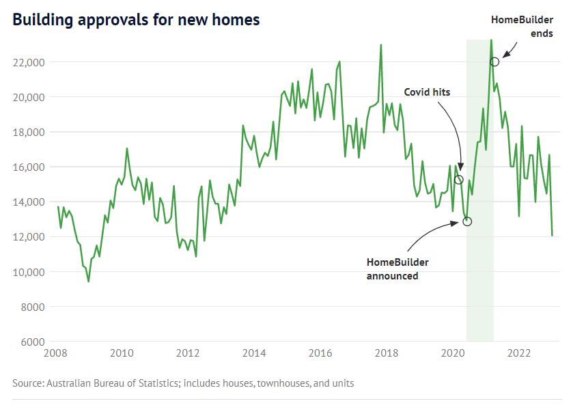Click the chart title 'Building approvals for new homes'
tap(136, 20)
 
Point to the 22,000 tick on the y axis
tap(30, 62)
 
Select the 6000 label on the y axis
tap(33, 342)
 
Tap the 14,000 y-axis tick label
tap(30, 202)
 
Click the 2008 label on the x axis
tap(55, 353)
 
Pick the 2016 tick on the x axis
tap(320, 353)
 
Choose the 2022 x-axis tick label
tap(519, 353)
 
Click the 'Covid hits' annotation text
tap(427, 92)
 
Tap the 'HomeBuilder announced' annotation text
tap(398, 269)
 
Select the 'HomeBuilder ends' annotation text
tap(522, 26)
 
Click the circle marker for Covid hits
tap(459, 180)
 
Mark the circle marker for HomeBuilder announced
tap(467, 221)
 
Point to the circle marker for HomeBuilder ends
tap(494, 61)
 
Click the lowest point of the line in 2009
tap(88, 281)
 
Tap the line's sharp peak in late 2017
tap(380, 44)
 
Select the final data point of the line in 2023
tap(552, 236)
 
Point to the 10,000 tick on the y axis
tap(30, 272)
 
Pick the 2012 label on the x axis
tap(188, 353)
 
